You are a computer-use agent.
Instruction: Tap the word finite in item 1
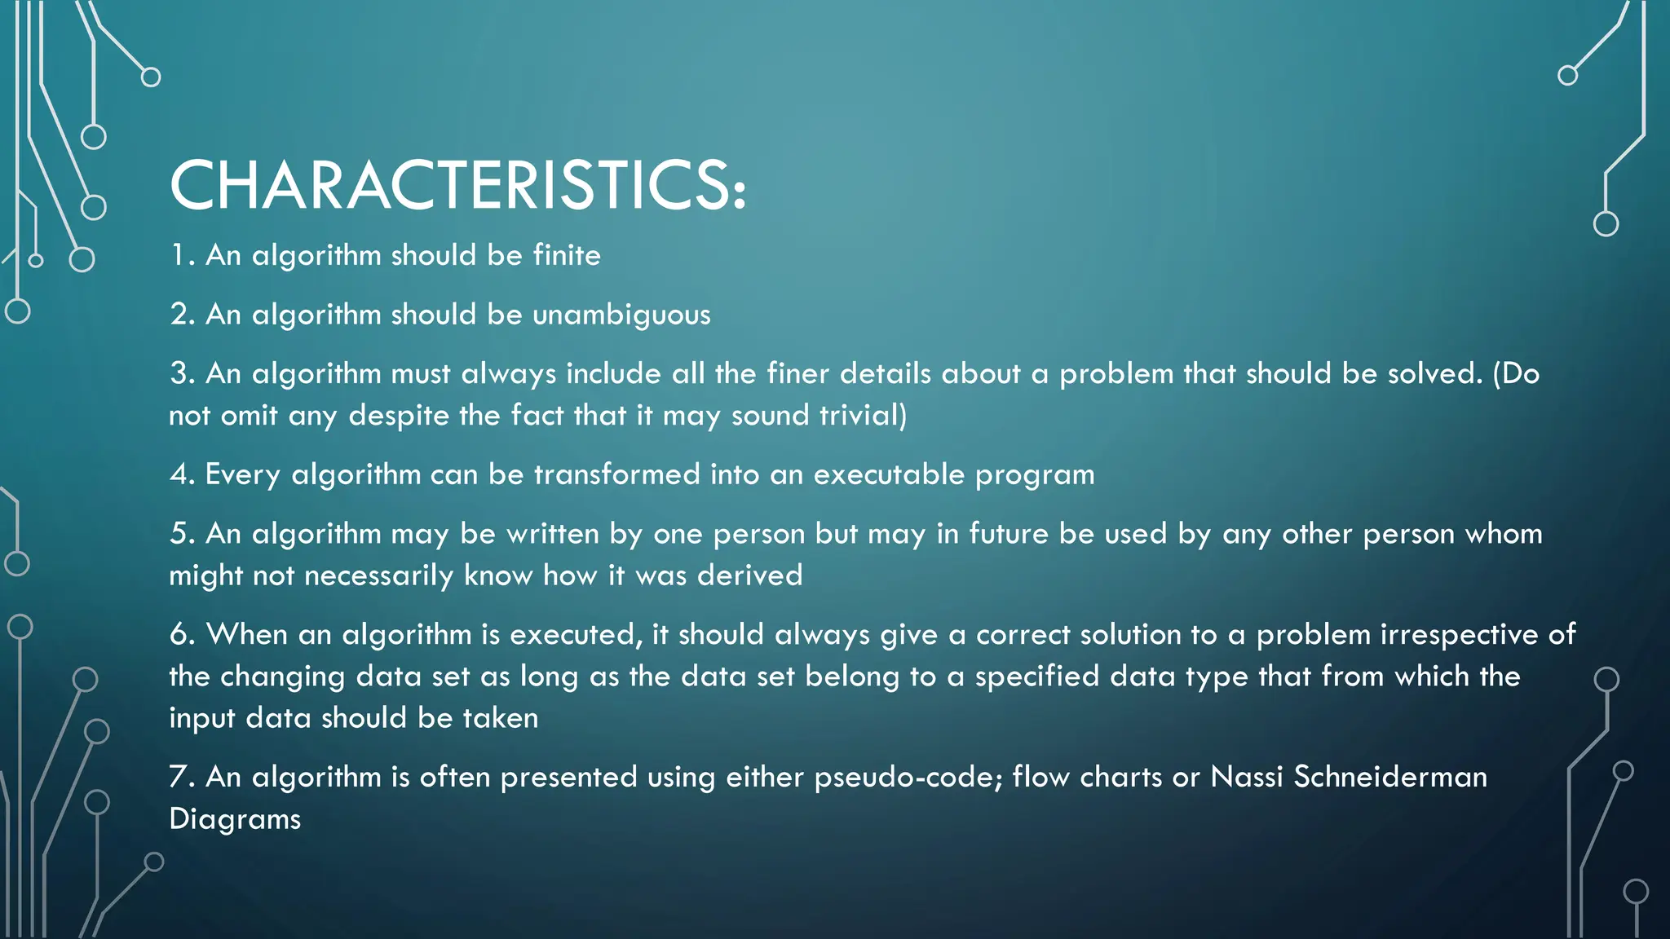(567, 255)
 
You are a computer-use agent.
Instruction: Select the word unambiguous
(621, 315)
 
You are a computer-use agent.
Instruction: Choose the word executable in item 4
(889, 474)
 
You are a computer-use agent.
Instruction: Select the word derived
(750, 575)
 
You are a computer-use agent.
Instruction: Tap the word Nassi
(1247, 777)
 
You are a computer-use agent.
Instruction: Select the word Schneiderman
(1390, 777)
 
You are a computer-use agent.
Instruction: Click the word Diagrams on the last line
(235, 819)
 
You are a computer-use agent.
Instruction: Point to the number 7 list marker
(179, 777)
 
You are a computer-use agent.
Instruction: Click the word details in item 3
(886, 373)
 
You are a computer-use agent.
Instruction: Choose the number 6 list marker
(179, 634)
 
